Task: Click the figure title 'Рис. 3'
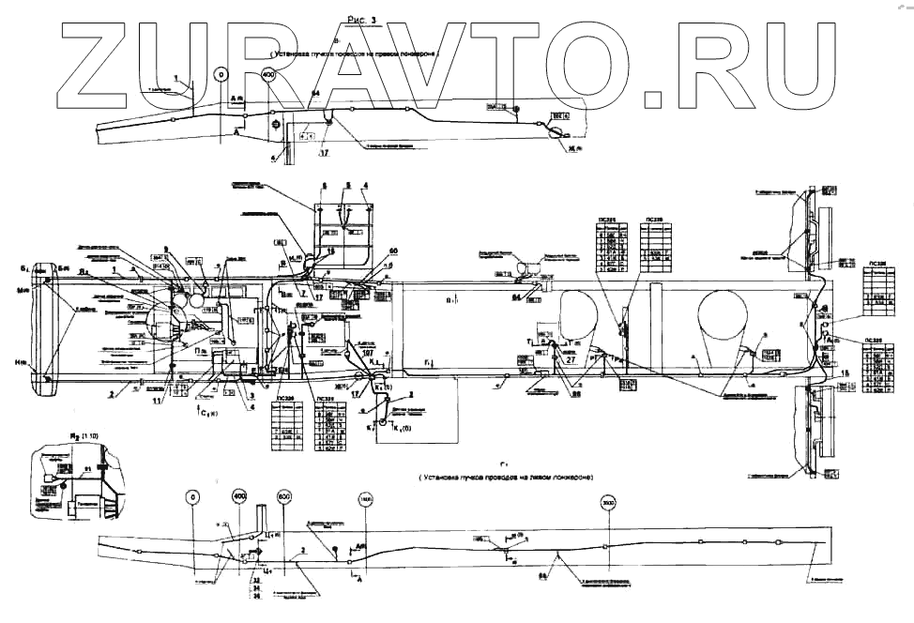pyautogui.click(x=359, y=19)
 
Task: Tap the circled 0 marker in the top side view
pyautogui.click(x=221, y=72)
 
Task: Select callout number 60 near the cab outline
pyautogui.click(x=393, y=251)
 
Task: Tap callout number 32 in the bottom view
pyautogui.click(x=256, y=580)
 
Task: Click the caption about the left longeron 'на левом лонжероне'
pyautogui.click(x=545, y=478)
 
